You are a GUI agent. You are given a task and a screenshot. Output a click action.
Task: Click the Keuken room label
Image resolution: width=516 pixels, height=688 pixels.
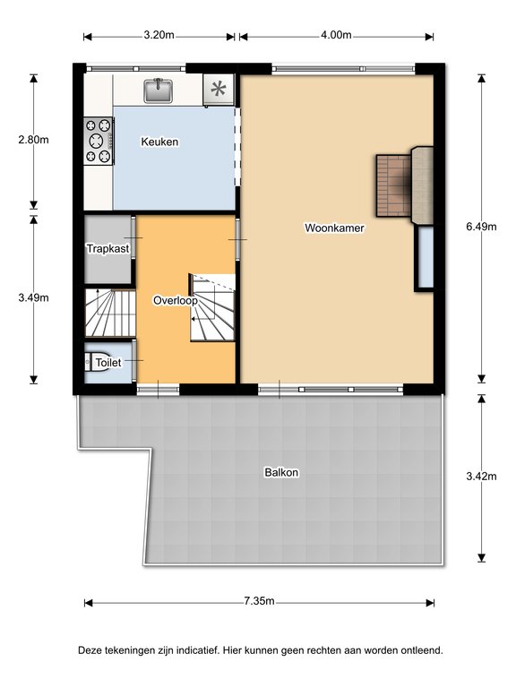coord(159,142)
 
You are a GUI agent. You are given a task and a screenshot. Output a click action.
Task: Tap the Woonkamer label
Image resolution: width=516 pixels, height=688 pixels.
coord(334,228)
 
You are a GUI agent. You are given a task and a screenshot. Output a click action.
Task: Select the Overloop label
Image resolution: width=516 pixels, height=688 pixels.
coord(175,301)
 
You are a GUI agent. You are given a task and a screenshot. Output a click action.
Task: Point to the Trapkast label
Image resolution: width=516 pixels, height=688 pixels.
coord(107,249)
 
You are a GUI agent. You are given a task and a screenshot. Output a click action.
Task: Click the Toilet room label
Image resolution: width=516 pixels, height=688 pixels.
coord(108,363)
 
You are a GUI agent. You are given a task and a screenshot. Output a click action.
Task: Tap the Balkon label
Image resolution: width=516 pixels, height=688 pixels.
coord(281,473)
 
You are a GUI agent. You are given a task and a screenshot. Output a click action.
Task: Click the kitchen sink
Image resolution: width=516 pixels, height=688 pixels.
coord(158,90)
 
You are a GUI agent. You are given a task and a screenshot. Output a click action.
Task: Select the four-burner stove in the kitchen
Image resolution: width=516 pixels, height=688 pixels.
coord(99,141)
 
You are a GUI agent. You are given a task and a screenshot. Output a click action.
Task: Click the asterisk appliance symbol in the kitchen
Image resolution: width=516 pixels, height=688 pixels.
coord(219,90)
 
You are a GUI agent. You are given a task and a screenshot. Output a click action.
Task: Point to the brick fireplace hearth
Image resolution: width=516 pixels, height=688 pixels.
coord(392,185)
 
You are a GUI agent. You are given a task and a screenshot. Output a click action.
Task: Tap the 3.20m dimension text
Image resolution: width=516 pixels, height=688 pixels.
coord(159,35)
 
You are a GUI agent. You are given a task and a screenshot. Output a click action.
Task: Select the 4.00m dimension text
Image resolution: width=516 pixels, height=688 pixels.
coord(336,35)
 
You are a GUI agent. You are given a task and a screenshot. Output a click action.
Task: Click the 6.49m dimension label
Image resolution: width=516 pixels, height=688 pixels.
coord(481,227)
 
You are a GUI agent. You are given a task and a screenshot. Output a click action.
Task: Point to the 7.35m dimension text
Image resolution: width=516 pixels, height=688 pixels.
coord(259,601)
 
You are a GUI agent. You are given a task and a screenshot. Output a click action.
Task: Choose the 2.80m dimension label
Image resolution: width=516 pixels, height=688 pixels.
coord(33,140)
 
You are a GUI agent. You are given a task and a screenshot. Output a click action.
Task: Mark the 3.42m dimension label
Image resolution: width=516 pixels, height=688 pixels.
coord(481,476)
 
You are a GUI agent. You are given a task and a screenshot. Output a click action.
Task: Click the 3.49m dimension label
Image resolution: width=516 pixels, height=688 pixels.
coord(33,297)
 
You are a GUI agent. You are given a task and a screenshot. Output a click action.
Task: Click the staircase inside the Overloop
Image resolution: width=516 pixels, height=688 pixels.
coord(212,307)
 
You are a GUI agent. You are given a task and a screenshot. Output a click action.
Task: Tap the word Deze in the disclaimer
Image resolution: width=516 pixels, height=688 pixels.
coord(90,650)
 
